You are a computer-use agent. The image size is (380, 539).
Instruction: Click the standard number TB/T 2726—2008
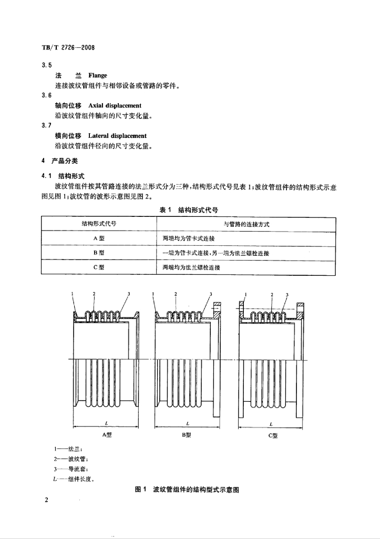(68, 47)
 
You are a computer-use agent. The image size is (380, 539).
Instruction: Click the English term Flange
(98, 75)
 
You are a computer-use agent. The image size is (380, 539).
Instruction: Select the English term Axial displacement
(115, 105)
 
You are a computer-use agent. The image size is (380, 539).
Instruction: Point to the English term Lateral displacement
(117, 136)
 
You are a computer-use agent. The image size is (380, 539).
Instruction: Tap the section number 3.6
(47, 95)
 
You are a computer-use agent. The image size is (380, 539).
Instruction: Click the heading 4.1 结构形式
(63, 176)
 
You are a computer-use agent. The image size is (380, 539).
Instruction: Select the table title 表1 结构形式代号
(189, 210)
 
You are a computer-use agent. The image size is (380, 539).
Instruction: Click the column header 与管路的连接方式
(247, 224)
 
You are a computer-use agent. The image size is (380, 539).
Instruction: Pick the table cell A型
(99, 238)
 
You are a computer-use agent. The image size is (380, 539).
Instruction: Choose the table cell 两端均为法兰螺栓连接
(191, 267)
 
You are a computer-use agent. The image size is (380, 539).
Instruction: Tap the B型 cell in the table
(99, 253)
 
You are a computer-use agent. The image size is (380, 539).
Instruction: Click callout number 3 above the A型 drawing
(129, 294)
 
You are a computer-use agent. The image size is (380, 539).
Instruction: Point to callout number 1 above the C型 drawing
(246, 294)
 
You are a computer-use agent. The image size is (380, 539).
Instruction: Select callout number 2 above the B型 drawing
(176, 294)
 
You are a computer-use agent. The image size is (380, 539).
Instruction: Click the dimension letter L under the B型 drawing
(188, 424)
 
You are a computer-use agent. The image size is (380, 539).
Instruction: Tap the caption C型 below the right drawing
(273, 435)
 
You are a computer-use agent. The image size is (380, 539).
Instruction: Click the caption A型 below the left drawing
(107, 434)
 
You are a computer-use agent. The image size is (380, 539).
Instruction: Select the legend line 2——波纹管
(73, 459)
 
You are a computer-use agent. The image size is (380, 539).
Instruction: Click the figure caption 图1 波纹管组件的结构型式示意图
(187, 490)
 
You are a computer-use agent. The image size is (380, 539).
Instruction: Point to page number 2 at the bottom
(46, 500)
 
